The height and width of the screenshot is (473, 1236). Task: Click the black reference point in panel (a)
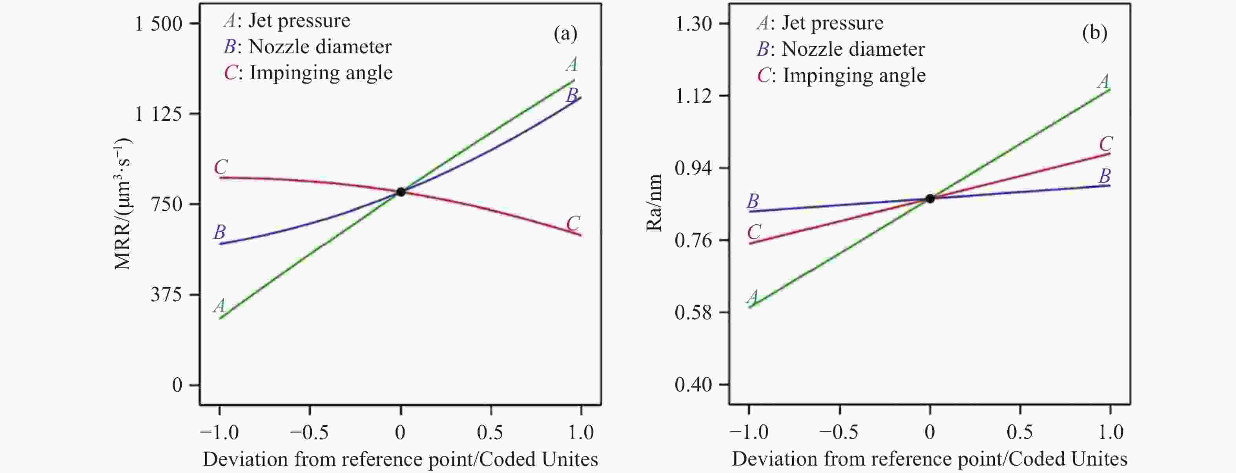coord(401,192)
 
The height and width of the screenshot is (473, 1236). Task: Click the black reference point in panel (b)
coord(930,198)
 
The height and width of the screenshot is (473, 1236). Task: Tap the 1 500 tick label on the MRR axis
coord(159,24)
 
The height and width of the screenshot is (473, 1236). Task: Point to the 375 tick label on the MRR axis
coord(166,294)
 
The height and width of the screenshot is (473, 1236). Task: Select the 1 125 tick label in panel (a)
coord(159,114)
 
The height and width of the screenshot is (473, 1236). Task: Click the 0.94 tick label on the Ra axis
coord(693,168)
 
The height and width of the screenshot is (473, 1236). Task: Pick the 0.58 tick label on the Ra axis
coord(693,312)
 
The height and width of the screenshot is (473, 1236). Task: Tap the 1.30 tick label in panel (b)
coord(693,24)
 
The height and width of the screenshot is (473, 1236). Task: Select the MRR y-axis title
coord(122,204)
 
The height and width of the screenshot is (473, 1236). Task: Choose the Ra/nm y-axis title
coord(654,202)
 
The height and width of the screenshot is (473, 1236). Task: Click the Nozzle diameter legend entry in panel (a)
coord(308,47)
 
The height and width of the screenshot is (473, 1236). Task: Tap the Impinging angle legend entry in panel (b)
coord(842,75)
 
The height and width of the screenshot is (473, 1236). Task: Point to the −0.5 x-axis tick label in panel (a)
coord(310,433)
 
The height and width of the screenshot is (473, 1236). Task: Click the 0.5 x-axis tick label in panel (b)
coord(1020,433)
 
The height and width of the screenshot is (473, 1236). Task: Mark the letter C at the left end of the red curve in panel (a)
coord(221,167)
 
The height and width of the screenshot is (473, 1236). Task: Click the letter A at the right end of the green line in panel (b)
coord(1103,81)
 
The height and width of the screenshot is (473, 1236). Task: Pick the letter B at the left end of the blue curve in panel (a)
coord(219,232)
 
